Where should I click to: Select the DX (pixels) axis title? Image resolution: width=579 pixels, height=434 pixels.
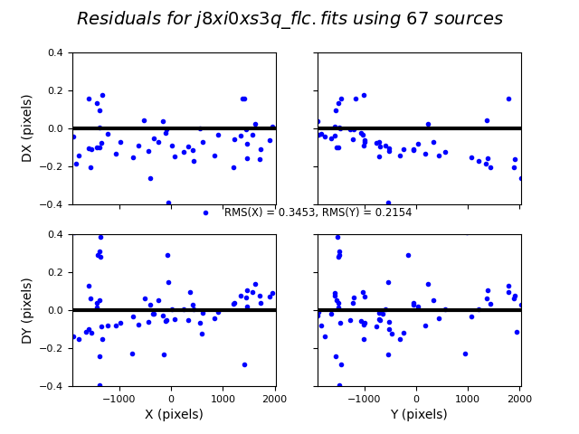tap(27, 128)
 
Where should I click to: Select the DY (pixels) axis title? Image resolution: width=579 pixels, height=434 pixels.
tap(27, 310)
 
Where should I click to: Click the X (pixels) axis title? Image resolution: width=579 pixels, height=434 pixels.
tap(174, 414)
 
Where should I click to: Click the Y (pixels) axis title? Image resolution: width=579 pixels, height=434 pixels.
tap(419, 414)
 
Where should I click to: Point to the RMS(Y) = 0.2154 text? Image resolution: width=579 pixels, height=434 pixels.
tap(347, 212)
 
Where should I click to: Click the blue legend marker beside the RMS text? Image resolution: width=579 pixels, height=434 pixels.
tap(205, 212)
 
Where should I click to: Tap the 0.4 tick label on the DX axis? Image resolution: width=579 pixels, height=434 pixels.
tap(56, 52)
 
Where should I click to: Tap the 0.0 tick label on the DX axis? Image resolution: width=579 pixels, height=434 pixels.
tap(56, 128)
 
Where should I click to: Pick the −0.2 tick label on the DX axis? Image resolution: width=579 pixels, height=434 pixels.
tap(52, 166)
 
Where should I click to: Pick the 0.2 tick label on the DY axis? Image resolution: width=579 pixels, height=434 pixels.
tap(56, 272)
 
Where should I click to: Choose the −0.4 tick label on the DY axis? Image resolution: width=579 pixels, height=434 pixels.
tap(52, 386)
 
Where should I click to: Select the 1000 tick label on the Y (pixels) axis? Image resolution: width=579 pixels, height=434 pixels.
tap(468, 399)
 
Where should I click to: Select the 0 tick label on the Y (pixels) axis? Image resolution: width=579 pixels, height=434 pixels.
tap(416, 399)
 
